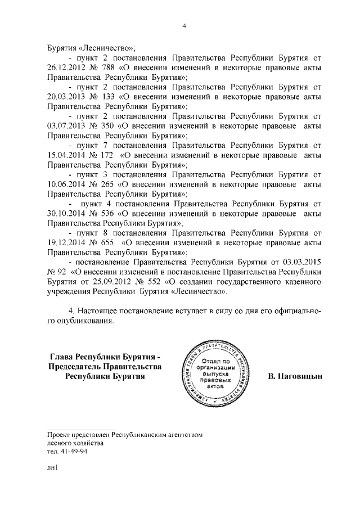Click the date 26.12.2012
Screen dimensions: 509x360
(67, 68)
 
